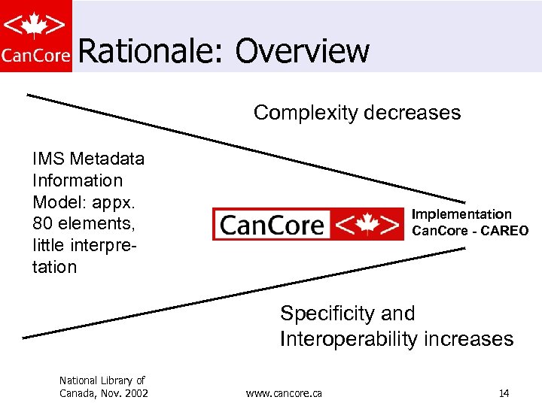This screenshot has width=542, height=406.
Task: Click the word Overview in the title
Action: point(302,51)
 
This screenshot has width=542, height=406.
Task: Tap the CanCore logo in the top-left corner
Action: point(36,35)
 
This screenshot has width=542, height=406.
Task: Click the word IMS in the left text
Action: point(47,159)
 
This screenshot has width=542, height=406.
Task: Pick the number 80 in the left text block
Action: point(42,224)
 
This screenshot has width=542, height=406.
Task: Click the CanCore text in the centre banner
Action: point(273,225)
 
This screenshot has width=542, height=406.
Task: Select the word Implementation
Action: point(461,214)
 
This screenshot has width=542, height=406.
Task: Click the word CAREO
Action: point(504,231)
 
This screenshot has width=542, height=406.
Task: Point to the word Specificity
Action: point(326,314)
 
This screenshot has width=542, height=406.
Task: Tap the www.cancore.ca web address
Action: point(284,393)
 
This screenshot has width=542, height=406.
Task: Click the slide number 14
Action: point(504,393)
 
